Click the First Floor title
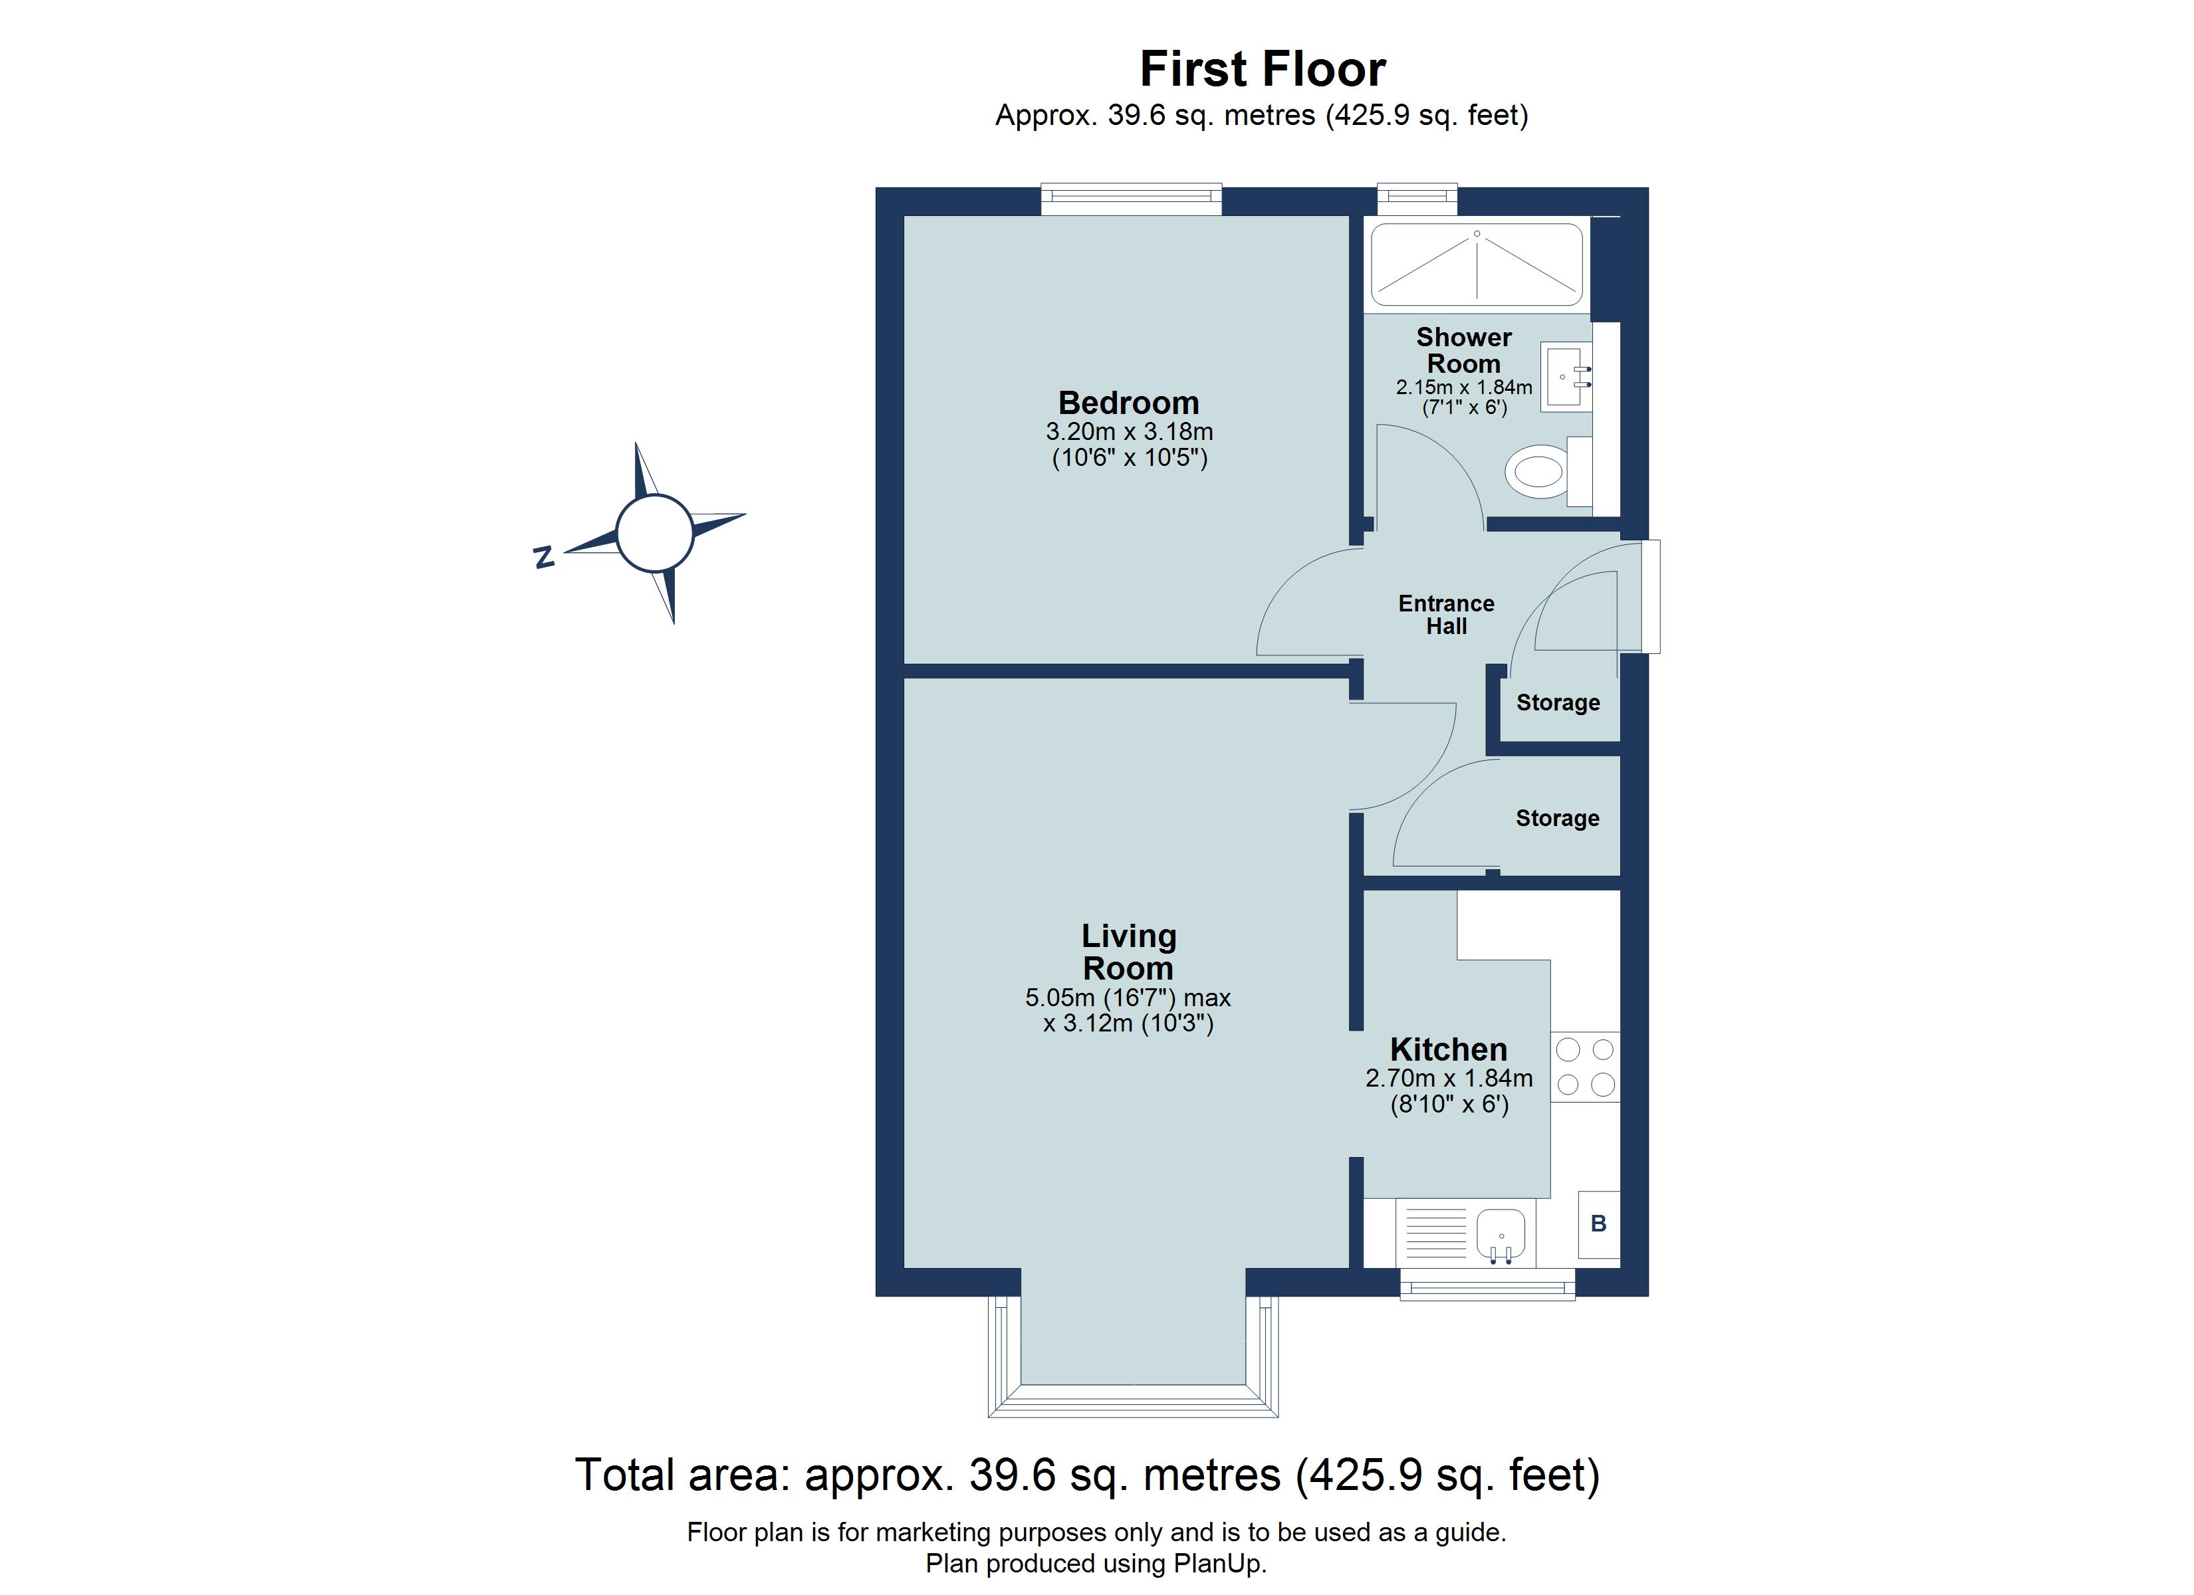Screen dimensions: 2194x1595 [1263, 68]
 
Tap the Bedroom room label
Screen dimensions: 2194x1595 [1128, 402]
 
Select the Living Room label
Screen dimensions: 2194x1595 [1128, 952]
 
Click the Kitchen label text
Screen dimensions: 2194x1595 [1448, 1049]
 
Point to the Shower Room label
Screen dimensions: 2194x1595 [1463, 350]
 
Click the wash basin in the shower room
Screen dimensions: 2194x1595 [1567, 377]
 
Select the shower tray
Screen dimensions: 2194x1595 [1477, 264]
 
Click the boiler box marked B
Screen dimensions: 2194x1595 [1598, 1223]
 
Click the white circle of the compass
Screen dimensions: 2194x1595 [655, 533]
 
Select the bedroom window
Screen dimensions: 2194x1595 [1131, 200]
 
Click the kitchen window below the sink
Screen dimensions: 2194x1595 [1488, 1285]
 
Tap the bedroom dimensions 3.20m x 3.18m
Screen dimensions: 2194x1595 [1129, 431]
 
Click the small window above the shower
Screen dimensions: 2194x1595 [1417, 200]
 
